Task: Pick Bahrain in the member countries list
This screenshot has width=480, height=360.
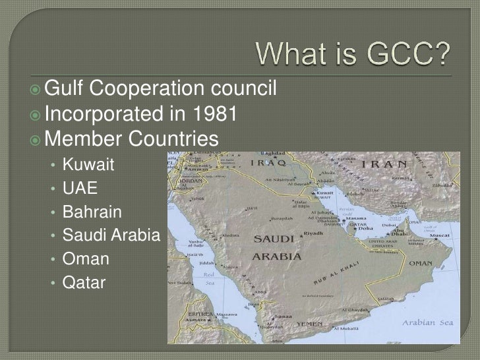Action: pyautogui.click(x=92, y=211)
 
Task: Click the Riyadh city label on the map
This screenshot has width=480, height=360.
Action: pyautogui.click(x=313, y=233)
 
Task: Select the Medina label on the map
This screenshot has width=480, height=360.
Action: pyautogui.click(x=228, y=235)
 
